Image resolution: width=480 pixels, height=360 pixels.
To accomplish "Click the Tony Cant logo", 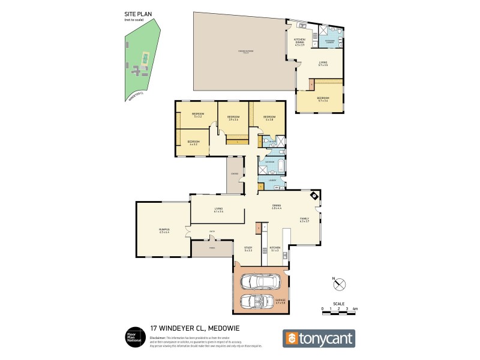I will [319, 338].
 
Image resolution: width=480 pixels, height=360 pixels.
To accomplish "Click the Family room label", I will [304, 220].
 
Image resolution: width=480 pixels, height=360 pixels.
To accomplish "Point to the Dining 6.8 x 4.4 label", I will [277, 207].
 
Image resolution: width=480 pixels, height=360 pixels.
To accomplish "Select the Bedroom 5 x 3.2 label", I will [198, 115].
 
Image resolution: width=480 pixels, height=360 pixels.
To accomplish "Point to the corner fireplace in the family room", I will [314, 196].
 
